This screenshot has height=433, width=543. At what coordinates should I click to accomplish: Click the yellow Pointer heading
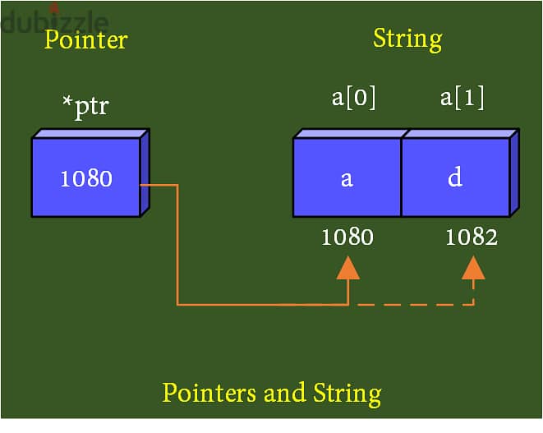pos(85,39)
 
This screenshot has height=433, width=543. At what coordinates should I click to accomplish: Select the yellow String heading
pos(407,39)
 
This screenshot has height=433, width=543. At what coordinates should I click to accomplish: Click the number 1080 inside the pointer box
pos(85,178)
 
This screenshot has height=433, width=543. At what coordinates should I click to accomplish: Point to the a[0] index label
pos(353,99)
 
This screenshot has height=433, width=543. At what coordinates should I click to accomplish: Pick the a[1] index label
pos(462,99)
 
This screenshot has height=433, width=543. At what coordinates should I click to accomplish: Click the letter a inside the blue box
pos(347,178)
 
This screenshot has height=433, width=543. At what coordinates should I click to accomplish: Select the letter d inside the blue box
pos(454,178)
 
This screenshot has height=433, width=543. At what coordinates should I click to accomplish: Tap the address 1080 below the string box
pos(347,237)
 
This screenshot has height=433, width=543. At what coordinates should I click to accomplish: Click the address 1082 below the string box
pos(472,237)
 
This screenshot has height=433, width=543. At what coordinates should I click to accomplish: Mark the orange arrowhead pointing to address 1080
pos(348,268)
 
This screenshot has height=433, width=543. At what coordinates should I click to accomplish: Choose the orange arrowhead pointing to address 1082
pos(473,268)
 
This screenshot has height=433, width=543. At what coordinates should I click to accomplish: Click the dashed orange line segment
pos(411,305)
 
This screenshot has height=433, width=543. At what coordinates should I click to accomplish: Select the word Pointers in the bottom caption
pos(210,393)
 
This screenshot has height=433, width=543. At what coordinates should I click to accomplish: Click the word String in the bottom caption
pos(347,394)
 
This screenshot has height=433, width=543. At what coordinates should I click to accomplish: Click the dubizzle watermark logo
pos(54,21)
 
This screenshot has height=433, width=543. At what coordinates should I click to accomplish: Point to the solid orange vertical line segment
pos(177,246)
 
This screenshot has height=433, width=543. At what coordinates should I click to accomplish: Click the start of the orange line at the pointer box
pos(143,185)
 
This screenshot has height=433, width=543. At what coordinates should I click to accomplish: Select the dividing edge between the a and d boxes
pos(401,177)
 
